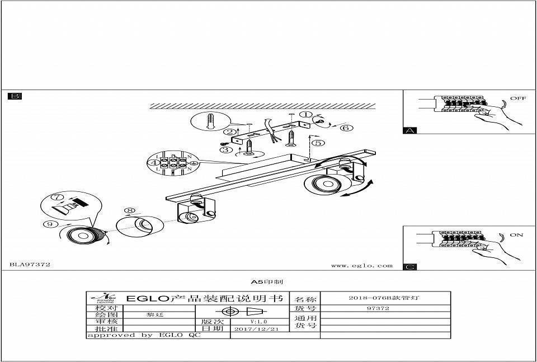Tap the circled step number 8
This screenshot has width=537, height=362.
pyautogui.click(x=130, y=211)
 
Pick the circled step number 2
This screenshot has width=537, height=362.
pyautogui.click(x=229, y=132)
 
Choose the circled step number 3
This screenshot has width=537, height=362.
pyautogui.click(x=225, y=149)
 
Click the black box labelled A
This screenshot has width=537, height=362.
pyautogui.click(x=410, y=130)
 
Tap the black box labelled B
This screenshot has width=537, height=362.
pyautogui.click(x=15, y=96)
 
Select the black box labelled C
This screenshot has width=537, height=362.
pyautogui.click(x=410, y=267)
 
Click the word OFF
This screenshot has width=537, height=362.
pyautogui.click(x=517, y=98)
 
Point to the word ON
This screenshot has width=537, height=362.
pyautogui.click(x=516, y=235)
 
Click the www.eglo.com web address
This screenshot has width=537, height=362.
pyautogui.click(x=361, y=266)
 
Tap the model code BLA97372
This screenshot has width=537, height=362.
pyautogui.click(x=30, y=264)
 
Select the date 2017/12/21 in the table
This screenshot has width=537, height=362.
pyautogui.click(x=257, y=329)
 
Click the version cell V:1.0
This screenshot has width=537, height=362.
pyautogui.click(x=258, y=322)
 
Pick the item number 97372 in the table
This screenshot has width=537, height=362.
pyautogui.click(x=378, y=308)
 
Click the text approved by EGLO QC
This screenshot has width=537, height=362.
pyautogui.click(x=143, y=335)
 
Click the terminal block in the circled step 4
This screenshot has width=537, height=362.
pyautogui.click(x=173, y=163)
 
